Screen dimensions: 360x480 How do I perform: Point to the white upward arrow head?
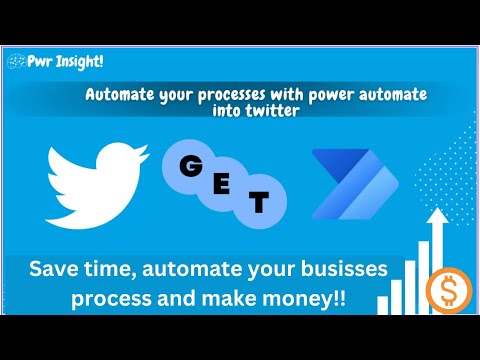[437, 216]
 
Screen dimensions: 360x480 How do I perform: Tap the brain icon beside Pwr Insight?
[15, 61]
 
